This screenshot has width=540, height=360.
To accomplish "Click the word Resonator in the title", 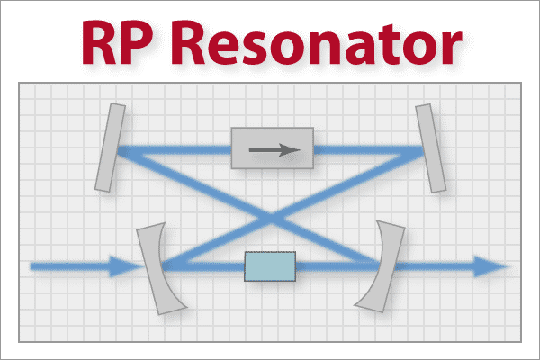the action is tap(317, 42).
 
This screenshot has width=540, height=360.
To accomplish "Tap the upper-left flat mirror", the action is tap(110, 148).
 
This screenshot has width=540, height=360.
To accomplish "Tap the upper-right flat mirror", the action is tap(430, 148).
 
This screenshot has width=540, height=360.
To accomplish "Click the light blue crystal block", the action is tap(270, 266).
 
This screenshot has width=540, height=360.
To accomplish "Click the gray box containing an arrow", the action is tap(273, 148).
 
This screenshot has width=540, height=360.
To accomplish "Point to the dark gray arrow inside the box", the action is tap(274, 150).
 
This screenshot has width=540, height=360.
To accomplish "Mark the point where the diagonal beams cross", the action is tap(271, 218).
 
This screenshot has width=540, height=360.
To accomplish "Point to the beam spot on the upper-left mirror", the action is tap(119, 150).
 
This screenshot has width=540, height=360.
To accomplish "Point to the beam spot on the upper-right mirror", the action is tap(422, 150).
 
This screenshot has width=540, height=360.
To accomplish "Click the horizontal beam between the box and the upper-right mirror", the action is tap(367, 150).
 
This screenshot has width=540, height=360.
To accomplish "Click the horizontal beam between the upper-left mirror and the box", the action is tap(175, 150).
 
